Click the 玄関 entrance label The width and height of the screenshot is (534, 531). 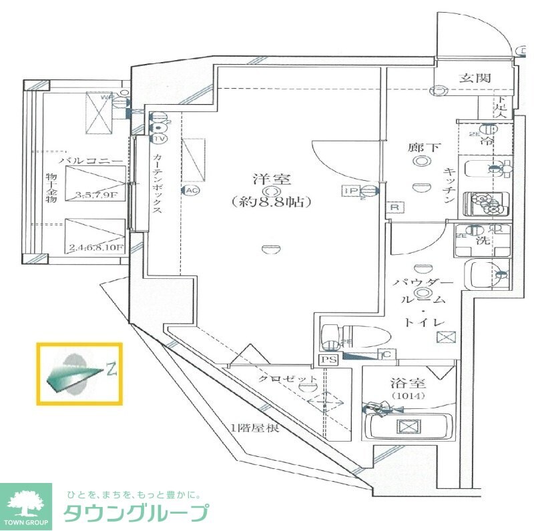[475, 78]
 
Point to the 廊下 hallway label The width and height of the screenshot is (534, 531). [423, 147]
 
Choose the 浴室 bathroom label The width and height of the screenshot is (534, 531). [408, 384]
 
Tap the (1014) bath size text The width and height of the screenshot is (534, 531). [408, 396]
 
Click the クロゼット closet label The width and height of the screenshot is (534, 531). [280, 379]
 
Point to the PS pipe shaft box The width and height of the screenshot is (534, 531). [328, 360]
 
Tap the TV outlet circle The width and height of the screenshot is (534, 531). [159, 139]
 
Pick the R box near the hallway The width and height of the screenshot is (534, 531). [394, 207]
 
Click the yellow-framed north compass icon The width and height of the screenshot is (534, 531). [79, 374]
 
